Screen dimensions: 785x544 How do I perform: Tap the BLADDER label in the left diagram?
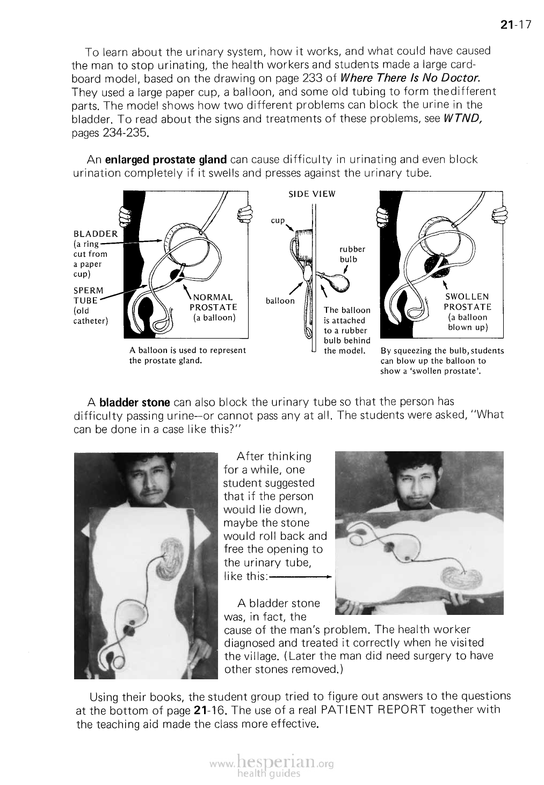click(x=95, y=233)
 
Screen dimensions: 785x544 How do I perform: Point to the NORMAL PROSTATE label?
click(x=214, y=302)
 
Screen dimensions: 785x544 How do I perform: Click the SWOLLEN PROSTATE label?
click(x=467, y=302)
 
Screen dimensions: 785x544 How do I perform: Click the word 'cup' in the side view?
click(x=277, y=221)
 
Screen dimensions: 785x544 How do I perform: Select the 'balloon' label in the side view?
click(x=279, y=300)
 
